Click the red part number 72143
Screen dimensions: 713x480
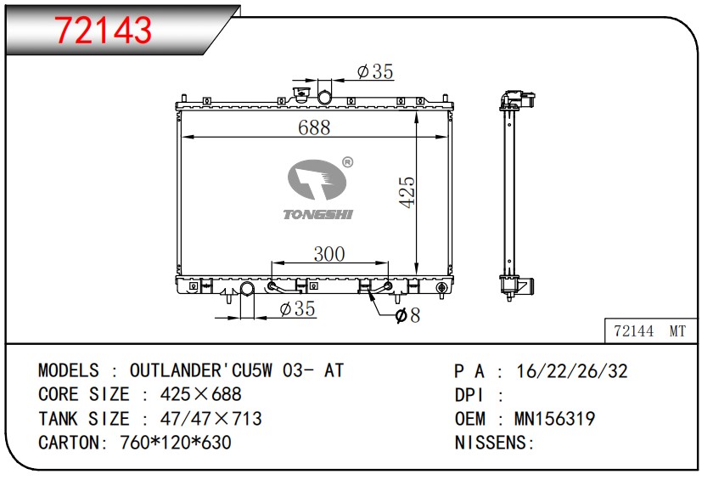[104, 30]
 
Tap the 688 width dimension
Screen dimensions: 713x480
[314, 127]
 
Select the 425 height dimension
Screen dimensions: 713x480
[407, 192]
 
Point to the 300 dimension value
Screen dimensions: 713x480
[329, 254]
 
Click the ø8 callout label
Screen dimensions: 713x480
[408, 315]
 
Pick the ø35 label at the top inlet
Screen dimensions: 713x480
[375, 71]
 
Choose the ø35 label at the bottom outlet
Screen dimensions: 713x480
[297, 308]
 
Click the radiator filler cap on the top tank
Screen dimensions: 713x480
[300, 95]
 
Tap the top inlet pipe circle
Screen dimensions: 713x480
[324, 98]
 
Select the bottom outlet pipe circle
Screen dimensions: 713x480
[247, 289]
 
